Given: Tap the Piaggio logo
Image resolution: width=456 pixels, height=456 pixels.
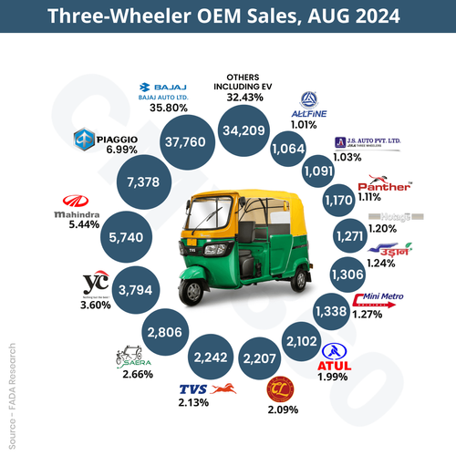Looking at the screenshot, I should click(105, 139).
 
